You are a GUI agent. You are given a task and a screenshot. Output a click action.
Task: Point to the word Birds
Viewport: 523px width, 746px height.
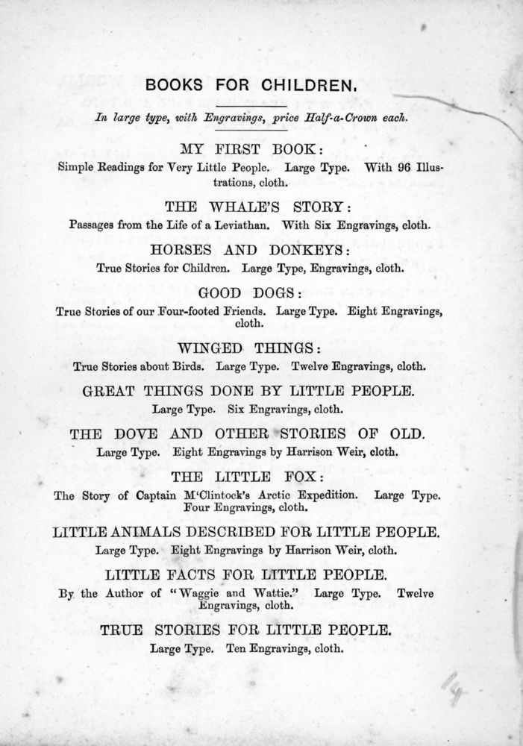(x=191, y=366)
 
